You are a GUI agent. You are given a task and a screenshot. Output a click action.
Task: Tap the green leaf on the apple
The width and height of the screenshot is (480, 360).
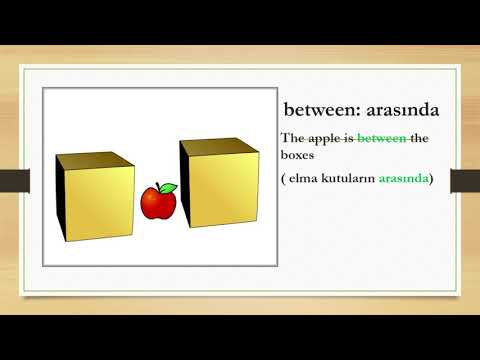coord(169,187)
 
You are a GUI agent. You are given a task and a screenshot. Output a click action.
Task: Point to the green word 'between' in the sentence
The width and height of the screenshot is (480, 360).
coord(381,139)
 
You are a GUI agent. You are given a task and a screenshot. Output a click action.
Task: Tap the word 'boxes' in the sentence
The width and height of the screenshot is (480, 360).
coord(298,156)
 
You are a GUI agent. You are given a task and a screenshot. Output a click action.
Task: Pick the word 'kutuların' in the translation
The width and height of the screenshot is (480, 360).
coord(348,178)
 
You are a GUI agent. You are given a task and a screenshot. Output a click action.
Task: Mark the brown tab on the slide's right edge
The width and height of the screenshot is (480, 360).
coord(465,180)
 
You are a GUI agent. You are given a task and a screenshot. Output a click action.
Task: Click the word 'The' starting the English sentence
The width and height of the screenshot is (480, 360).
coord(291,139)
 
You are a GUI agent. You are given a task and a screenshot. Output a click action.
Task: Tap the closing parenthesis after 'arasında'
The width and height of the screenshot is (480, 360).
coord(431,178)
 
